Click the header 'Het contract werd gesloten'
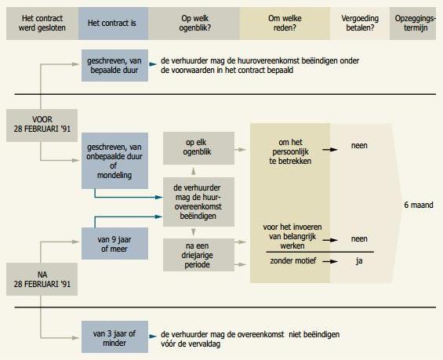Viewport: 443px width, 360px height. click(x=42, y=24)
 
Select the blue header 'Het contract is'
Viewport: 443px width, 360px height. click(x=113, y=24)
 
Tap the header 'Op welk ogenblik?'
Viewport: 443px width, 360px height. click(x=194, y=24)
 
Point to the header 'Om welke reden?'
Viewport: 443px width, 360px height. click(x=285, y=24)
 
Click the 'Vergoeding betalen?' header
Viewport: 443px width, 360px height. click(x=360, y=24)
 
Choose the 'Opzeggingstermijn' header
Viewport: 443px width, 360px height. click(x=412, y=24)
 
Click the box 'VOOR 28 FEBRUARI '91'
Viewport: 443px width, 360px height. click(x=42, y=125)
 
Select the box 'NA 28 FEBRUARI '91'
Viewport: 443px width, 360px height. click(x=42, y=279)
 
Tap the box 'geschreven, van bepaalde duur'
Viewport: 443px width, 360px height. click(x=114, y=66)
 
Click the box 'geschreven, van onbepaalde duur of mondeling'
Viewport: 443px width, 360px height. click(x=114, y=161)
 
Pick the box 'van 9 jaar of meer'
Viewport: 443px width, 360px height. click(x=114, y=244)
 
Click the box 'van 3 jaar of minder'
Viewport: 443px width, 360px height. click(x=114, y=336)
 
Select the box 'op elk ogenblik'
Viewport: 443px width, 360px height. click(x=198, y=148)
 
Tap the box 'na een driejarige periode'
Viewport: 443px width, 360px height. click(x=198, y=255)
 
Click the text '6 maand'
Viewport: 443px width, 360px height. click(x=419, y=205)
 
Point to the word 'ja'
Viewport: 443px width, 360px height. click(x=359, y=261)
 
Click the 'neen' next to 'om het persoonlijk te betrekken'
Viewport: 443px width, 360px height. click(x=359, y=146)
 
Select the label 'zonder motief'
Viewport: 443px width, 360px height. click(x=293, y=260)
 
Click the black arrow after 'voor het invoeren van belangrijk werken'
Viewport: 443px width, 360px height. click(x=330, y=240)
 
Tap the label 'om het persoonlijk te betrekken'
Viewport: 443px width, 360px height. click(x=290, y=151)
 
